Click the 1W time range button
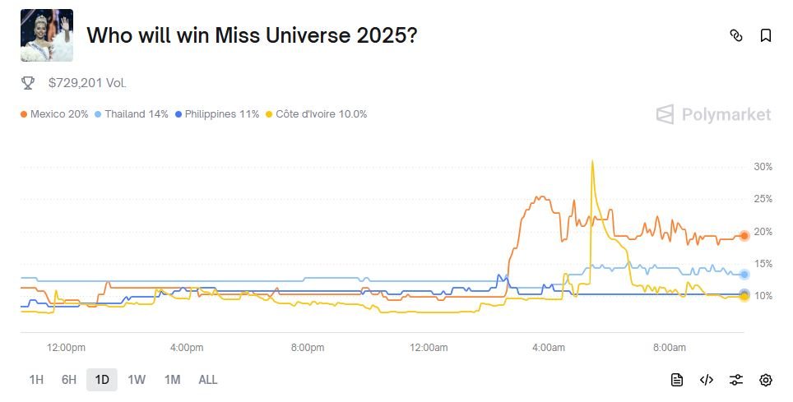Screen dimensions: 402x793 (x=137, y=380)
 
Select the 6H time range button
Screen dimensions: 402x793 (x=69, y=380)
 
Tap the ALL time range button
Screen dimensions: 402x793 (x=208, y=380)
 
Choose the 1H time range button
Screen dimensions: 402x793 (x=36, y=380)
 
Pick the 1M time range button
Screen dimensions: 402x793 (x=172, y=380)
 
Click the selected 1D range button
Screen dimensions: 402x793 (x=102, y=380)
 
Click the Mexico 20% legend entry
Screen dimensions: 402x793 (x=54, y=114)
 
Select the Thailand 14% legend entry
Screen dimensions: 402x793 (x=132, y=114)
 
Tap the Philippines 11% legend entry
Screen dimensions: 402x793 (x=217, y=114)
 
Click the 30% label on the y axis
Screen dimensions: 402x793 (x=763, y=167)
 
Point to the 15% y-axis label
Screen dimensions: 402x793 (x=763, y=264)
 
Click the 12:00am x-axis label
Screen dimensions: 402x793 (x=428, y=348)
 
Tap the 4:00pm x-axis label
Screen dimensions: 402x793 (x=187, y=348)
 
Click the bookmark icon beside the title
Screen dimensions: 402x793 (x=765, y=35)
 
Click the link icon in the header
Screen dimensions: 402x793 (x=736, y=35)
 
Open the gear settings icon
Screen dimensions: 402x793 (x=766, y=380)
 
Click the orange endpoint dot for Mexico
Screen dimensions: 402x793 (x=744, y=236)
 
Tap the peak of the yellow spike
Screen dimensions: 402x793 (x=592, y=161)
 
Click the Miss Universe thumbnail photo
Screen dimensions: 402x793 (x=47, y=35)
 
